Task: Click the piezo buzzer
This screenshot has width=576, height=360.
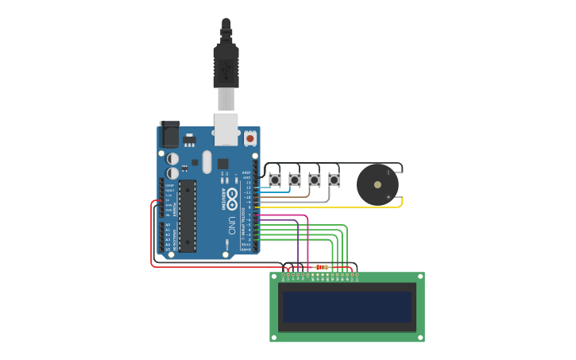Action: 377,184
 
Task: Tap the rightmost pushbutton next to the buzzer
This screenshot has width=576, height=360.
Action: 334,180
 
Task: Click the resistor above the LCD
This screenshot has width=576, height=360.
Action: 323,267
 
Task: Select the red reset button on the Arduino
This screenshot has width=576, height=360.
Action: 250,138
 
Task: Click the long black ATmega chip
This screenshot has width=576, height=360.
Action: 187,215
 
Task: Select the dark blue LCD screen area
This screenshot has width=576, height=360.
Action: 347,306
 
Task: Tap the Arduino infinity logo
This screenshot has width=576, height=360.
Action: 232,195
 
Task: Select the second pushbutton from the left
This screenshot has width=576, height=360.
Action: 295,180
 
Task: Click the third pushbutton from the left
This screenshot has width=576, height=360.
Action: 315,180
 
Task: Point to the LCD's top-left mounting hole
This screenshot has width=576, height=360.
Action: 274,277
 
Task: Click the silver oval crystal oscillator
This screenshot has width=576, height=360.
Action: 207,162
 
